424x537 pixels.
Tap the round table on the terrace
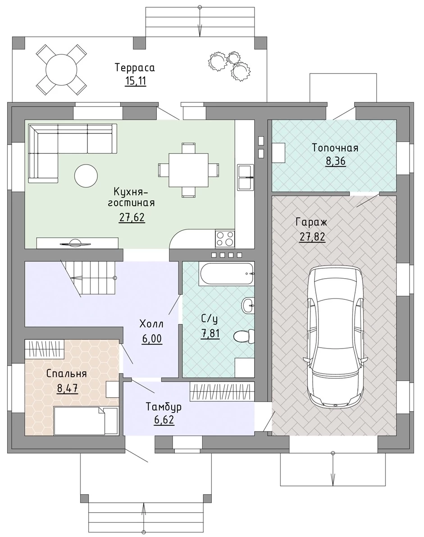(61, 70)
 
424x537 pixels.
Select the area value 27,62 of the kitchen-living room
(132, 218)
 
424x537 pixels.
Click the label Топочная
(335, 148)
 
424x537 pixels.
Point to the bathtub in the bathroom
(226, 273)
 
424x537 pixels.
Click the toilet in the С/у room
(244, 336)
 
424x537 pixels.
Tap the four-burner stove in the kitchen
(225, 239)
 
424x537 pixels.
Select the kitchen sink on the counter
(246, 177)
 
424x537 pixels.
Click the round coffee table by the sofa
(86, 176)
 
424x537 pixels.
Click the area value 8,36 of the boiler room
(336, 161)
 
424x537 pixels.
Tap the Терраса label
(135, 68)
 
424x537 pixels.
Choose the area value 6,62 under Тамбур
(164, 420)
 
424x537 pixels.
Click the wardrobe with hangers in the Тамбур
(222, 391)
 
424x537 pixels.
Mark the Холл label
(151, 324)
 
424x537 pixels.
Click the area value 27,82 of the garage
(312, 237)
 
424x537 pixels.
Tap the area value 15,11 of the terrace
(136, 82)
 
